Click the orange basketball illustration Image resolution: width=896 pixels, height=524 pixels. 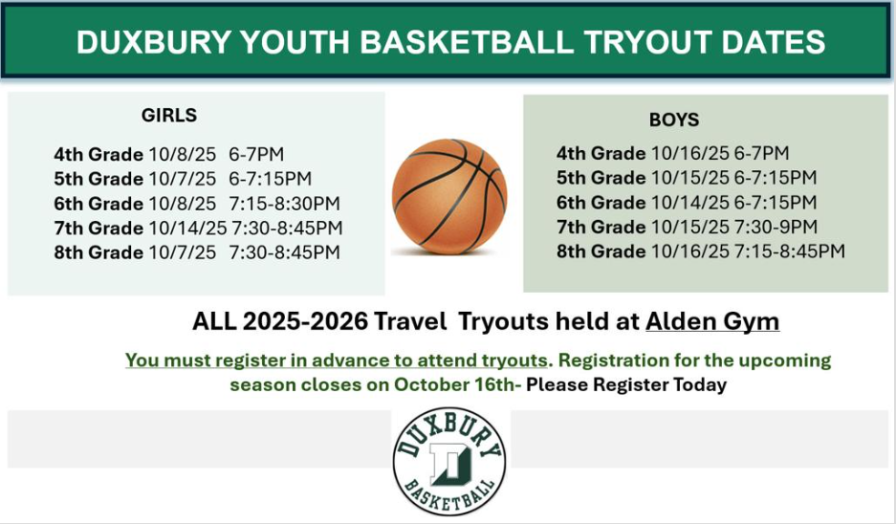click(x=449, y=196)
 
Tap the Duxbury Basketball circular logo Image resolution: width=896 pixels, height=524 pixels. click(x=449, y=461)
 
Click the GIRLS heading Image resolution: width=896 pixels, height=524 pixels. click(x=169, y=116)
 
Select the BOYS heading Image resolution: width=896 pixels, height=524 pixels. click(x=674, y=120)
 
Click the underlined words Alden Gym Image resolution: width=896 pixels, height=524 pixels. click(x=712, y=321)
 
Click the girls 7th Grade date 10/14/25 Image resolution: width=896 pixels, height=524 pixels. click(x=187, y=228)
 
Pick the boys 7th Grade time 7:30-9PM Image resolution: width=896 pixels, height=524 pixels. click(x=776, y=227)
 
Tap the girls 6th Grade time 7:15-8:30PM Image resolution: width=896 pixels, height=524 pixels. click(x=285, y=204)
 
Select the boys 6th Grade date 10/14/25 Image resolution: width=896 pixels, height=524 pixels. click(x=690, y=203)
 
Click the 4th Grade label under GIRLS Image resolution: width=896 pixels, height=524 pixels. click(x=98, y=154)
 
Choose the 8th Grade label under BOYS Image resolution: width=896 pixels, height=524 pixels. click(x=601, y=251)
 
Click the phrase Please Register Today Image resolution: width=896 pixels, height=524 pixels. click(x=626, y=384)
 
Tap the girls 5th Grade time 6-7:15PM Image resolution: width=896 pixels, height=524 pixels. click(x=271, y=179)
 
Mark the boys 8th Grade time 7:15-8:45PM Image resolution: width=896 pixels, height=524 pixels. click(x=790, y=251)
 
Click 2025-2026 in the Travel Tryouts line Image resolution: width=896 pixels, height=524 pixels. click(x=305, y=321)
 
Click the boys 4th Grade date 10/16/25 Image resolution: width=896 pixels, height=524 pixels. click(x=690, y=153)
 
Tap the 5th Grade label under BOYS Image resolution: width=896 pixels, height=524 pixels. click(x=601, y=178)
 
